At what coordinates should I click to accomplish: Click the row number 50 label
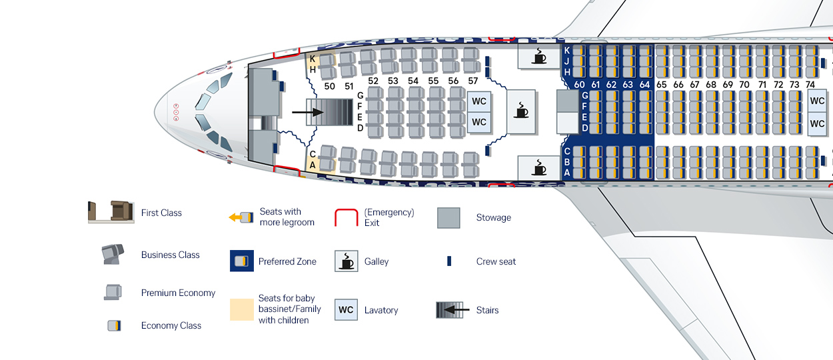pyautogui.click(x=329, y=86)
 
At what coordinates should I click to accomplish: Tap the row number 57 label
pyautogui.click(x=472, y=81)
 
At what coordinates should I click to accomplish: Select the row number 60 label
pyautogui.click(x=579, y=85)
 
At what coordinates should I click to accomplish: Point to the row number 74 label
pyautogui.click(x=810, y=85)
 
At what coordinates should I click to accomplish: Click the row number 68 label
pyautogui.click(x=711, y=85)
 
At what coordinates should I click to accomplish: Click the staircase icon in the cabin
pyautogui.click(x=329, y=113)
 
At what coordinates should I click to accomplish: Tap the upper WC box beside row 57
pyautogui.click(x=479, y=101)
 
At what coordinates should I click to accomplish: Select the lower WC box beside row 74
pyautogui.click(x=817, y=124)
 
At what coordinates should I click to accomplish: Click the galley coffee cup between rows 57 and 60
pyautogui.click(x=520, y=109)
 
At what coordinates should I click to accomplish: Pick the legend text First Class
pyautogui.click(x=161, y=213)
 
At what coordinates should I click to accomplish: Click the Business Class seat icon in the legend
pyautogui.click(x=113, y=255)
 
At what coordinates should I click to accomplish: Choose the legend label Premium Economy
pyautogui.click(x=178, y=293)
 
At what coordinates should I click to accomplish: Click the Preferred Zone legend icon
pyautogui.click(x=241, y=261)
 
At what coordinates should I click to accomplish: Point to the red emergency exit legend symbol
pyautogui.click(x=346, y=217)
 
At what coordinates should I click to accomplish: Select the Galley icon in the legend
pyautogui.click(x=346, y=261)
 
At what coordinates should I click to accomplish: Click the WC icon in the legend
pyautogui.click(x=346, y=310)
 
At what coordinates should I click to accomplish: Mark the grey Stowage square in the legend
pyautogui.click(x=448, y=218)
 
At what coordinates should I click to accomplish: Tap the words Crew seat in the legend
pyautogui.click(x=496, y=261)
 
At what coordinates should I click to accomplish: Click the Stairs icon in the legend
pyautogui.click(x=450, y=310)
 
